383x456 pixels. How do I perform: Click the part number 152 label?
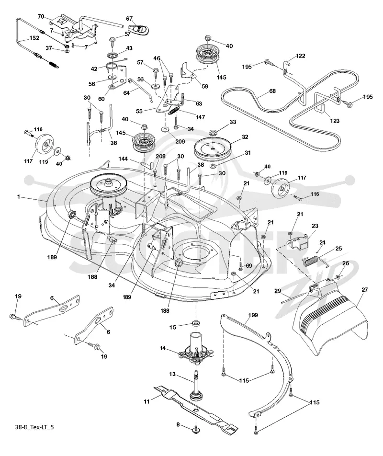(x=34, y=38)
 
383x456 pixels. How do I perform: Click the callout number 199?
(x=253, y=315)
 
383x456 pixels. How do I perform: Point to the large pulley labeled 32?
(x=213, y=148)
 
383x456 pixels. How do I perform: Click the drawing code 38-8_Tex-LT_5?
(x=34, y=427)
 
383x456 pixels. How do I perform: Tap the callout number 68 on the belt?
(x=272, y=91)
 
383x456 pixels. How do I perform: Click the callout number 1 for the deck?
(x=19, y=197)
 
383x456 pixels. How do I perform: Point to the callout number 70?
(x=41, y=17)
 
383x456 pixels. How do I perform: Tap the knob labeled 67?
(x=139, y=30)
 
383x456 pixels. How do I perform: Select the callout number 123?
(x=335, y=120)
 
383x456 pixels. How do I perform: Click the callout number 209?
(x=180, y=141)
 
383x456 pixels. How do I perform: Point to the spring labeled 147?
(x=173, y=111)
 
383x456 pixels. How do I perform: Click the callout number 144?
(x=123, y=159)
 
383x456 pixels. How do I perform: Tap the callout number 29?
(x=278, y=291)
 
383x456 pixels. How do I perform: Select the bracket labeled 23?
(x=298, y=240)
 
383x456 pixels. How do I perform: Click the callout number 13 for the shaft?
(x=172, y=374)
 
